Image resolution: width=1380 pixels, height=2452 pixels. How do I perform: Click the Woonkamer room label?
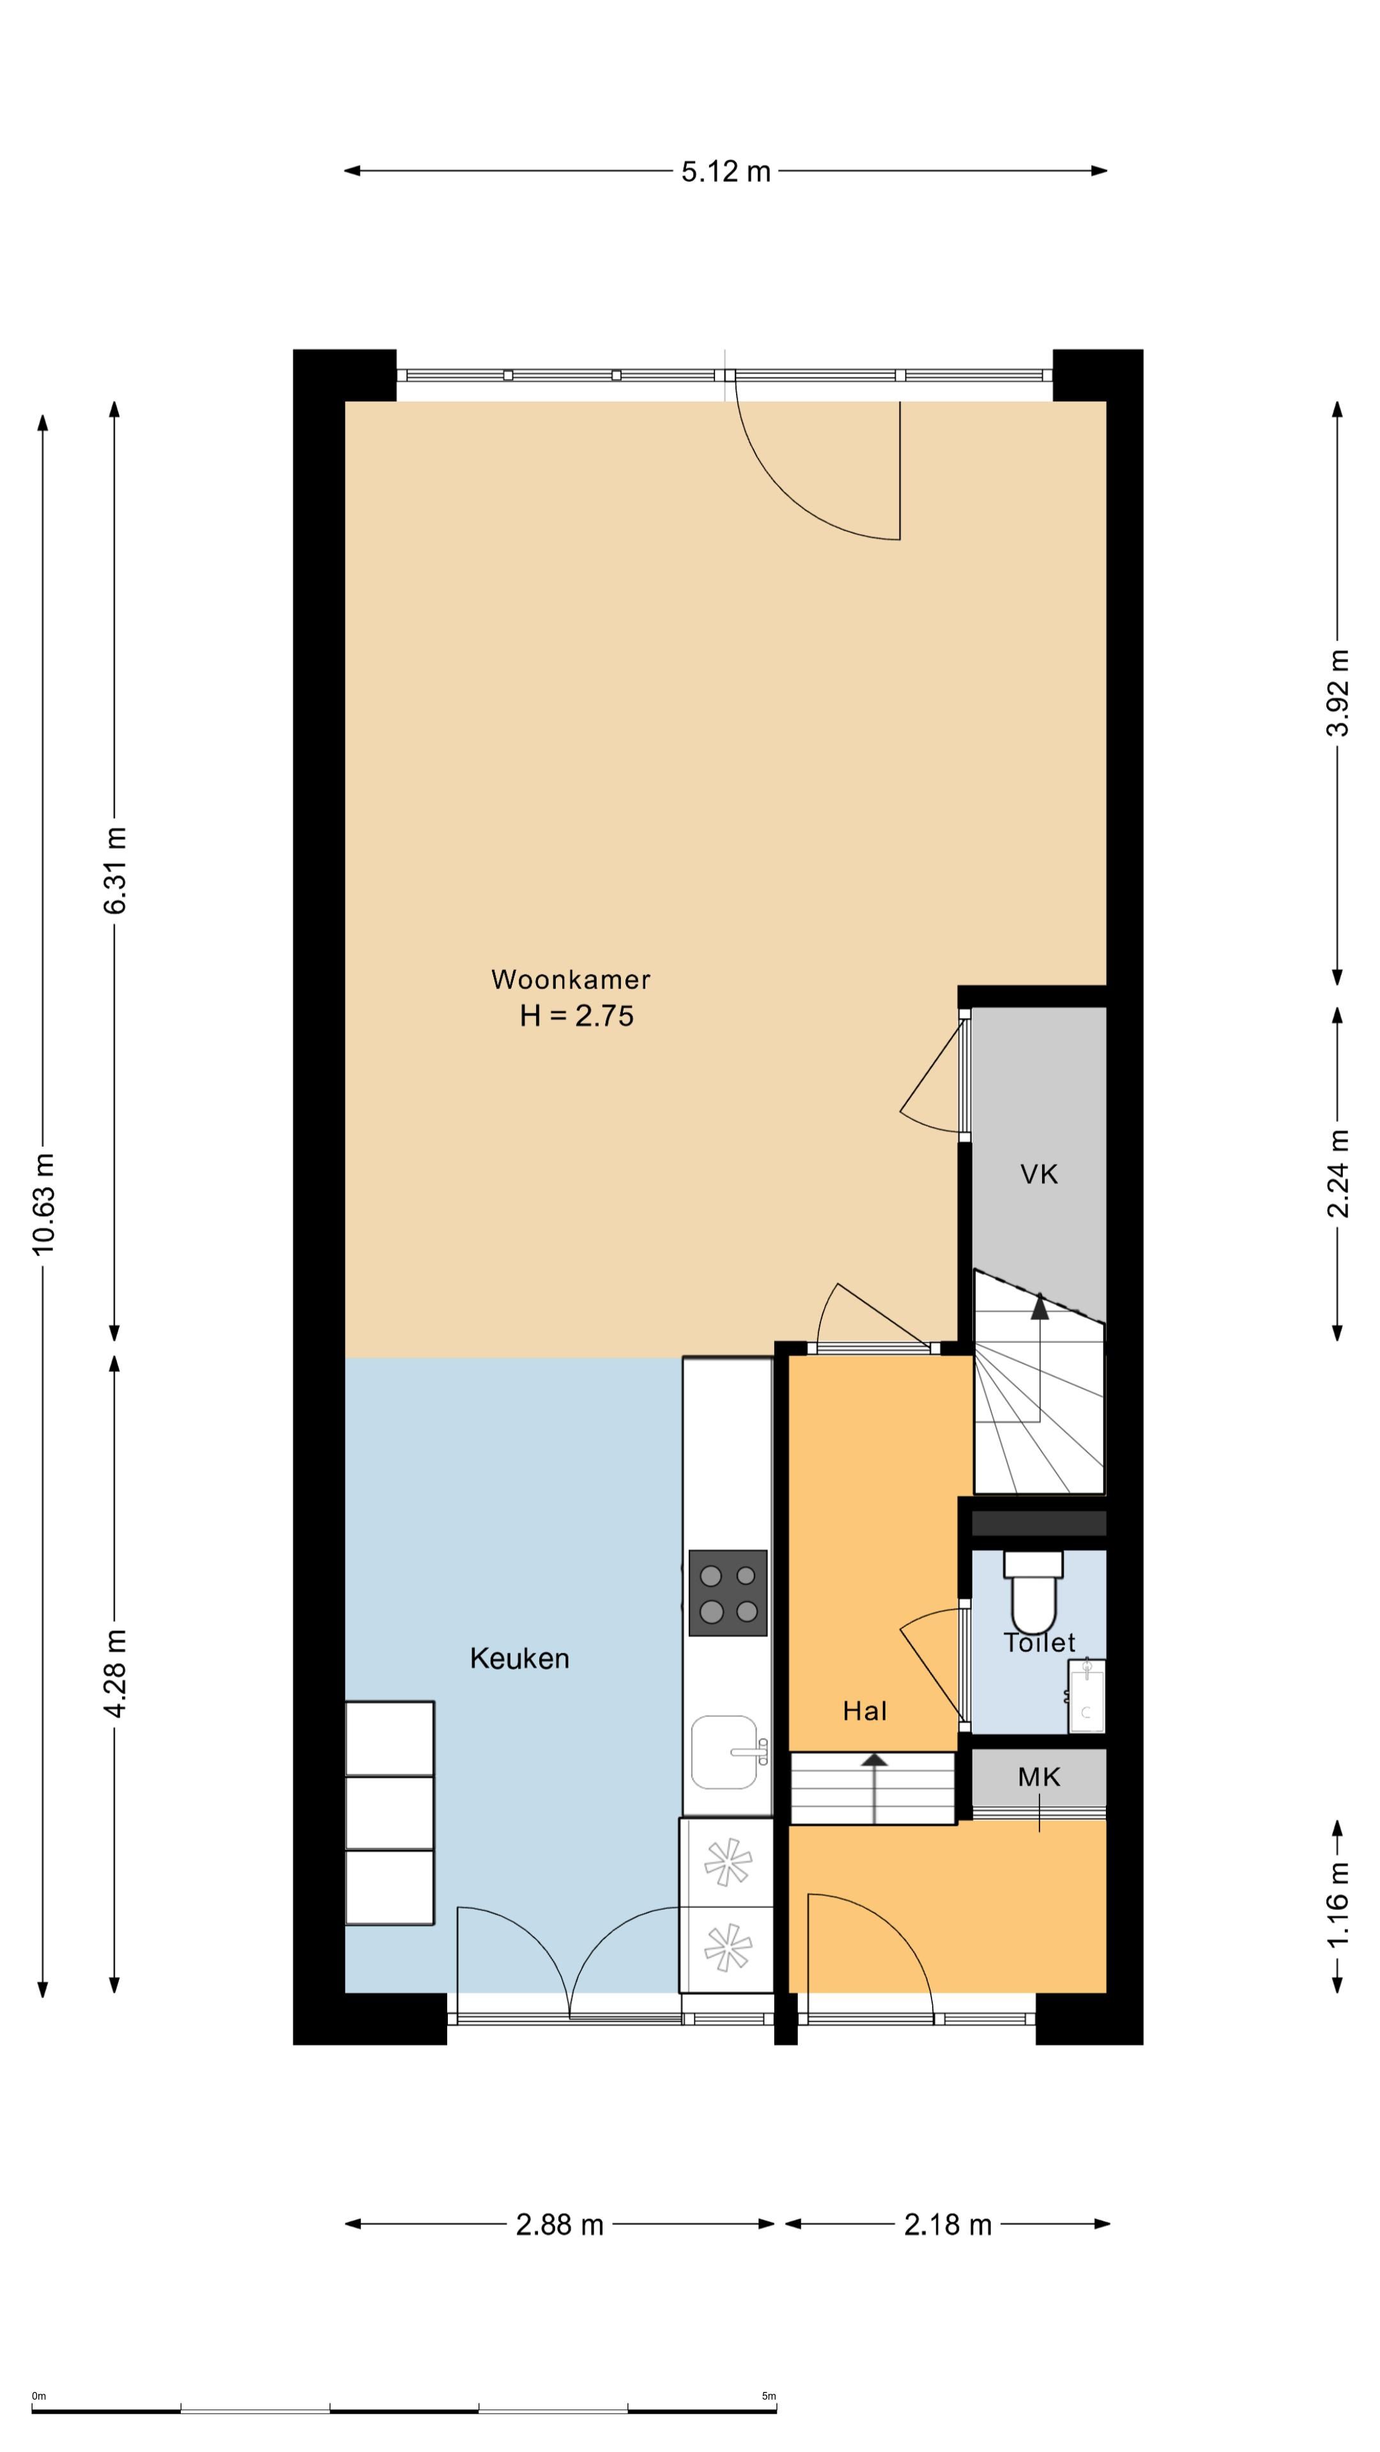pyautogui.click(x=571, y=980)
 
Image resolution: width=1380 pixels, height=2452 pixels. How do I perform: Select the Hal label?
pyautogui.click(x=865, y=1711)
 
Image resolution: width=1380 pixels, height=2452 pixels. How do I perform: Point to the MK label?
pyautogui.click(x=1039, y=1777)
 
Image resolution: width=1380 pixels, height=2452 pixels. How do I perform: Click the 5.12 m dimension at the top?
pyautogui.click(x=726, y=171)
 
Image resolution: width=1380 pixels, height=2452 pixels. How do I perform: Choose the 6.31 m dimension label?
pyautogui.click(x=115, y=871)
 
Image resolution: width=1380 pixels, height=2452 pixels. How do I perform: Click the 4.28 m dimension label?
pyautogui.click(x=115, y=1674)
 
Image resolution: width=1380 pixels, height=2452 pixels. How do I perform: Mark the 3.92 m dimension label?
pyautogui.click(x=1338, y=693)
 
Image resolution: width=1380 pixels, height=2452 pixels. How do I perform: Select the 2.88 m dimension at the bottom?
pyautogui.click(x=560, y=2225)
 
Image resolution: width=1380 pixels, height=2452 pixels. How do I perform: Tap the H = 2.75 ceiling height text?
pyautogui.click(x=576, y=1016)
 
